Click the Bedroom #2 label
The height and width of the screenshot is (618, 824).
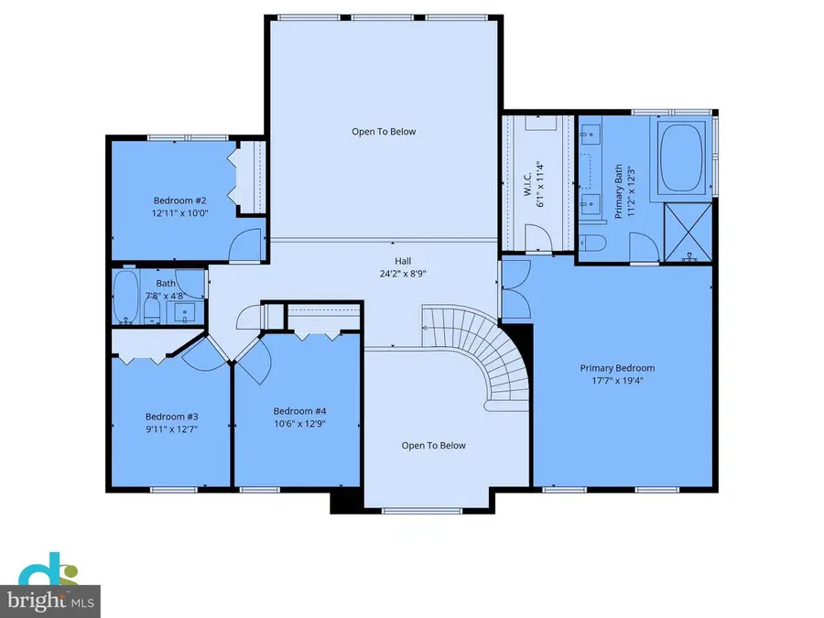pyautogui.click(x=179, y=200)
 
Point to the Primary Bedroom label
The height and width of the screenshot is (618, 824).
pyautogui.click(x=617, y=368)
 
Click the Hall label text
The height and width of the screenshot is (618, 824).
pyautogui.click(x=403, y=259)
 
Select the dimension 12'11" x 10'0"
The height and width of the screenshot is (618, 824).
pyautogui.click(x=179, y=212)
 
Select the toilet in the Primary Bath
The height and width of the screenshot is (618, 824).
pyautogui.click(x=590, y=244)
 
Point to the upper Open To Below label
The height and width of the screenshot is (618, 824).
pyautogui.click(x=384, y=132)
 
